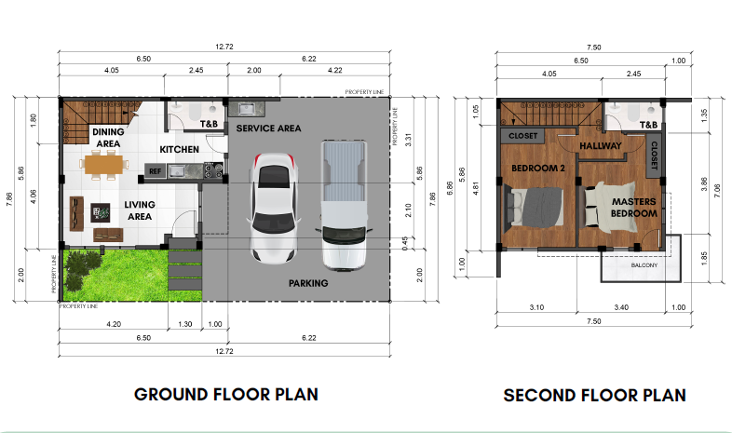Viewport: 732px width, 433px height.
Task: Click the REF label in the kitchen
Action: coord(155,171)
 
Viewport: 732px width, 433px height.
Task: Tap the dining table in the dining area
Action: coord(103,164)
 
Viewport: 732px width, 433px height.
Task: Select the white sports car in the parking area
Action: coord(274,208)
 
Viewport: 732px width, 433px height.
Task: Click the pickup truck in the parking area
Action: coord(344,206)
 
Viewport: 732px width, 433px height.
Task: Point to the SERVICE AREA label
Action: coord(268,129)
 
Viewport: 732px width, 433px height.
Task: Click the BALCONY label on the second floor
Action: coord(644,265)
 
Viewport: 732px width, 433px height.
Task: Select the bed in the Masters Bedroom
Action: coord(610,207)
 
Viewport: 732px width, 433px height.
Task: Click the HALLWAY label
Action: coord(601,146)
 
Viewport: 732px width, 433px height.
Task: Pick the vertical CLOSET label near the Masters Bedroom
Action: coord(654,156)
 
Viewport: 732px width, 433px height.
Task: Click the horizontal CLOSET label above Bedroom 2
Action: coord(522,136)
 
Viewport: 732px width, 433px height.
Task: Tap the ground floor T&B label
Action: coord(209,124)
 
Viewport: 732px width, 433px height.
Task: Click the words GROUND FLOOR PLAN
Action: coord(226,394)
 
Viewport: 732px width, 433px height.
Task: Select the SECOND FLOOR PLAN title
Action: coord(595,395)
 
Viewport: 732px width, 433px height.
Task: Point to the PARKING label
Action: coord(308,283)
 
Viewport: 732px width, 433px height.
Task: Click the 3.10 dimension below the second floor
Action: coord(536,307)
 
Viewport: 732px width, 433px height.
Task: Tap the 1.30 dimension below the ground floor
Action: coord(185,324)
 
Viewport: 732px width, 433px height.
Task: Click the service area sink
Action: coord(246,109)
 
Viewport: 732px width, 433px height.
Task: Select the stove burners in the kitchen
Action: coord(213,170)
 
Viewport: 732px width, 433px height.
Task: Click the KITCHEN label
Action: coord(179,149)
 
